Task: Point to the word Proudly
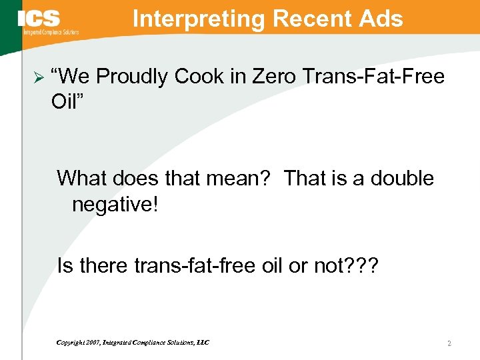(x=132, y=77)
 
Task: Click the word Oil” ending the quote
(x=69, y=102)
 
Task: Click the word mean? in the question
(x=240, y=178)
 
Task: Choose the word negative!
(x=115, y=203)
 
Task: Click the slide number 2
(x=449, y=343)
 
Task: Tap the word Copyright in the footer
(x=71, y=343)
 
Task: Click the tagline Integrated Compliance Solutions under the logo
(x=51, y=32)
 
